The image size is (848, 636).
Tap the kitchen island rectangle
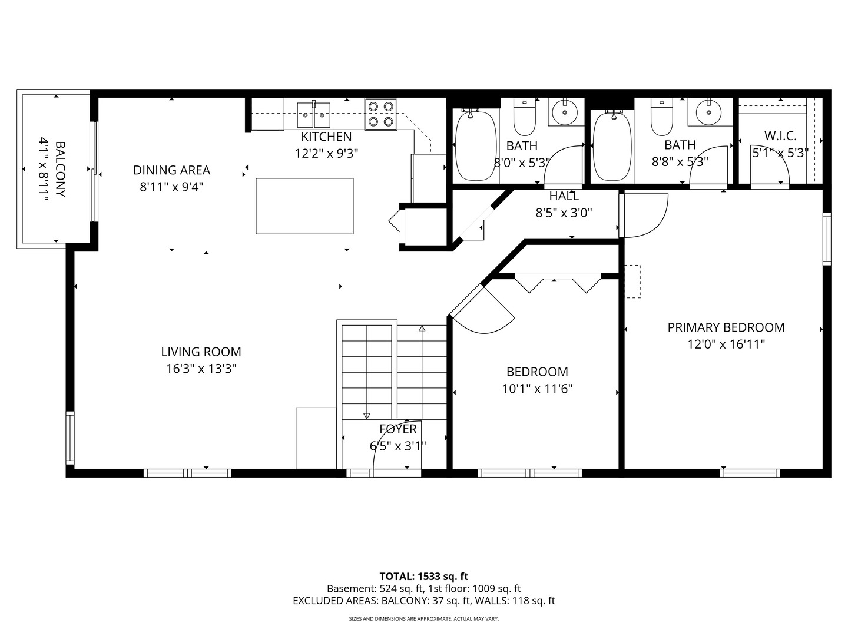point(304,206)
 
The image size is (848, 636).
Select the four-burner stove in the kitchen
point(380,114)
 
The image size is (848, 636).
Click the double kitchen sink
point(313,115)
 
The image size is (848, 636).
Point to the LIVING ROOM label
point(201,352)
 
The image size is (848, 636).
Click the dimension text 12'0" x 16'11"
point(726,344)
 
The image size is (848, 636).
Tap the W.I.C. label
point(780,136)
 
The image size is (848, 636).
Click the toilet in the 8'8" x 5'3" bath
point(661,117)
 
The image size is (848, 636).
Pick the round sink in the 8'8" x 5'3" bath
point(707,112)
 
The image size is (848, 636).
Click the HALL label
point(564,196)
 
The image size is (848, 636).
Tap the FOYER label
point(398,429)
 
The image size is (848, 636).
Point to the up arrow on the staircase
point(422,329)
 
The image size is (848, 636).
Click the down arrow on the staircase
point(366,416)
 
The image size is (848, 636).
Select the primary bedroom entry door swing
point(645,216)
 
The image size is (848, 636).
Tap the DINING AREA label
point(171,170)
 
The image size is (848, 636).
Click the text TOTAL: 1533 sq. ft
point(423,576)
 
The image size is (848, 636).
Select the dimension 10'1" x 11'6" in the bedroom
point(537,389)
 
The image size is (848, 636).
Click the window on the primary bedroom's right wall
point(827,238)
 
